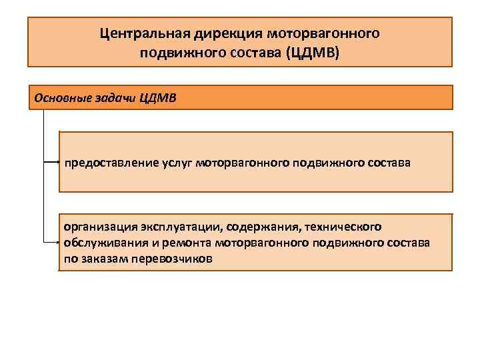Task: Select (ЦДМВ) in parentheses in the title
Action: [312, 53]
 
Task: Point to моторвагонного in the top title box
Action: [323, 33]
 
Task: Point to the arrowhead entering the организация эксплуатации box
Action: [58, 243]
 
